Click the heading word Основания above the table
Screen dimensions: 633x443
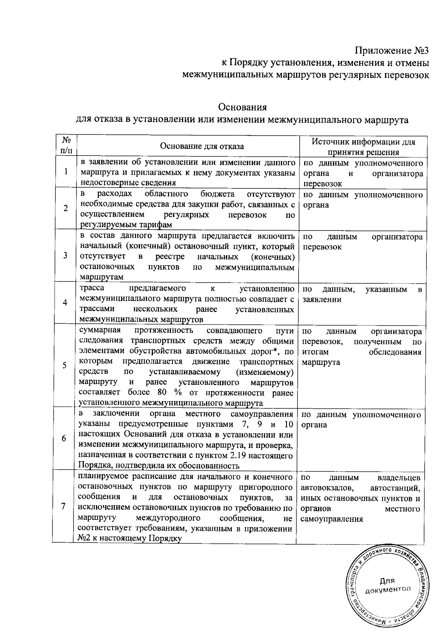click(243, 107)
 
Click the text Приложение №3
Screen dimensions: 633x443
click(392, 50)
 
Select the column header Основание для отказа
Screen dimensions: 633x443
click(202, 146)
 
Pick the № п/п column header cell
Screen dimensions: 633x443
click(66, 145)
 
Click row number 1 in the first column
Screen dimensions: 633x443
click(66, 171)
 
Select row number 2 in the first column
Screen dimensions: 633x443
click(66, 208)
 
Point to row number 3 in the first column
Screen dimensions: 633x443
click(65, 256)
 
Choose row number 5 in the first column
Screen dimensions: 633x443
click(65, 365)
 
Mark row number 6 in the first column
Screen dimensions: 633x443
click(64, 438)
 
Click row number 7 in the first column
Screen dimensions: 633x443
click(64, 506)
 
